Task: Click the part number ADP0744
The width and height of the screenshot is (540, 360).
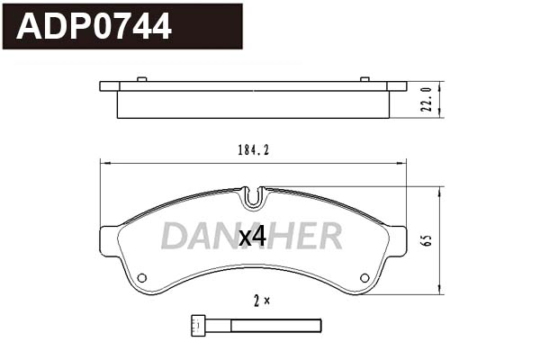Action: [x=94, y=27]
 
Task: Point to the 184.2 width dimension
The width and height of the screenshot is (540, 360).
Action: [x=254, y=150]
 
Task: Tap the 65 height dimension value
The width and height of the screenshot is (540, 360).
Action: [x=428, y=241]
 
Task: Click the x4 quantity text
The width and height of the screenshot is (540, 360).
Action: [x=252, y=237]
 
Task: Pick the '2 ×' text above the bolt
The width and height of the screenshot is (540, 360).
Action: [x=261, y=301]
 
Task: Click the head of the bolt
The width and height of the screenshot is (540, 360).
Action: [x=199, y=324]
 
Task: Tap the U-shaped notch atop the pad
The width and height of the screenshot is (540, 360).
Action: [x=254, y=194]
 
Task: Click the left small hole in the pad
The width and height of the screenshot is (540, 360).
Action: [x=142, y=276]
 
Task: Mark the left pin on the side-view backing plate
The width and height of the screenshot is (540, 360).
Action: [x=143, y=80]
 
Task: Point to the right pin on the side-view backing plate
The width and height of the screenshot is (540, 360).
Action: [x=364, y=80]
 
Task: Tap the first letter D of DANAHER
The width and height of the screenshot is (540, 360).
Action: [x=175, y=236]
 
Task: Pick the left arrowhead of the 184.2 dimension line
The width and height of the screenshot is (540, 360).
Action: [x=103, y=163]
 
